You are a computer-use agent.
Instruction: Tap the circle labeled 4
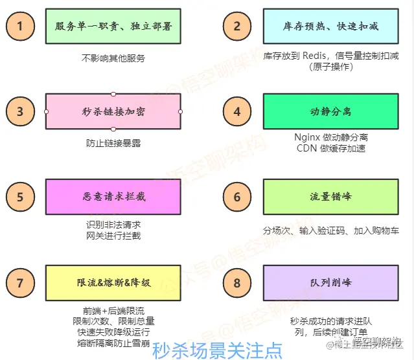coord(236,111)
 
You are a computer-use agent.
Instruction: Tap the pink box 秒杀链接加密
coord(113,111)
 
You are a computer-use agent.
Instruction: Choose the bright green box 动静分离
coord(331,111)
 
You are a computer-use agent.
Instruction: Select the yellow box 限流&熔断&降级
coord(113,283)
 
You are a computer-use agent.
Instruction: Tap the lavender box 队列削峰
coord(331,283)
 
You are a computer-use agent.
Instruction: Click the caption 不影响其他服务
coord(113,58)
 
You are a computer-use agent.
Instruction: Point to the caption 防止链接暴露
coord(113,143)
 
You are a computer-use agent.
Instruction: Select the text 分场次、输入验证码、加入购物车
coord(331,231)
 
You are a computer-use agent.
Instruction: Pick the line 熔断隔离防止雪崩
coord(113,343)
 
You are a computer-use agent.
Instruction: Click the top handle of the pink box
coord(113,94)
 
